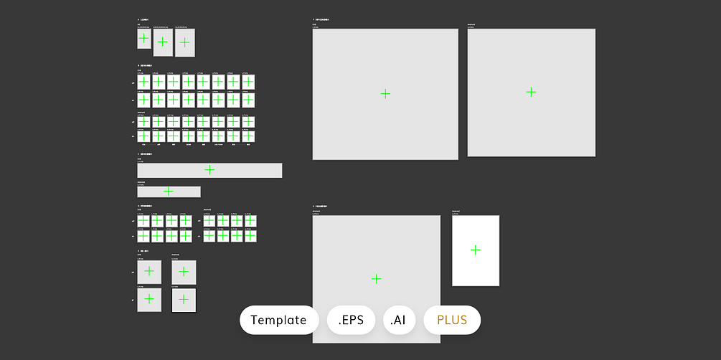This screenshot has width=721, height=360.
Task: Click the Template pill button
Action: pyautogui.click(x=279, y=320)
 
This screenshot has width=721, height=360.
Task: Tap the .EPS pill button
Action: pyautogui.click(x=351, y=320)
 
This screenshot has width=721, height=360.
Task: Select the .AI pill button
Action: pyautogui.click(x=399, y=320)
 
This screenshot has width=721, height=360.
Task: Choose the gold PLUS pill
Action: pyautogui.click(x=452, y=320)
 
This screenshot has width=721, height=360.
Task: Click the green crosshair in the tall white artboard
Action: pyautogui.click(x=475, y=250)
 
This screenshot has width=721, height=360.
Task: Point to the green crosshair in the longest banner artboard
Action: pyautogui.click(x=209, y=170)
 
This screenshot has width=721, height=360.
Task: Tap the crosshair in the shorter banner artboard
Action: pyautogui.click(x=169, y=191)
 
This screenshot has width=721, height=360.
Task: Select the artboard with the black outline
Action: pyautogui.click(x=184, y=300)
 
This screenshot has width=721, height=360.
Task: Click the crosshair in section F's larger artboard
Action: pyautogui.click(x=385, y=93)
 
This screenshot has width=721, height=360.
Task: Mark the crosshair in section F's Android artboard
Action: pyautogui.click(x=531, y=92)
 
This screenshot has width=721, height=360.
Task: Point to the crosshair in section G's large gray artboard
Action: pyautogui.click(x=376, y=279)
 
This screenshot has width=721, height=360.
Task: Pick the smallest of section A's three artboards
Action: pyautogui.click(x=144, y=39)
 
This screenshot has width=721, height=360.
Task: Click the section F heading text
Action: pyautogui.click(x=321, y=19)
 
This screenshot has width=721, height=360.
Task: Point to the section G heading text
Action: pyautogui.click(x=320, y=206)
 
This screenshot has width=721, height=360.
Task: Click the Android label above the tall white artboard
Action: pyautogui.click(x=456, y=211)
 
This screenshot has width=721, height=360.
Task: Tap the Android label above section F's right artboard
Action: pyautogui.click(x=471, y=24)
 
